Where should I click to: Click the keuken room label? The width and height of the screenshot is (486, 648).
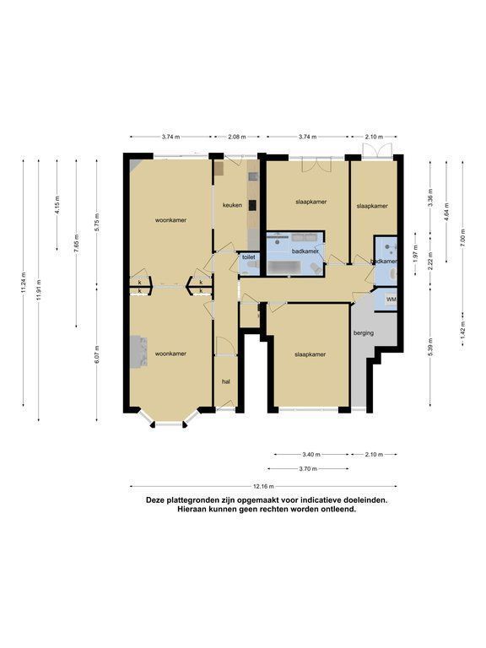(232, 204)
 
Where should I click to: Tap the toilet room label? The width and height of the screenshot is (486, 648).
(249, 257)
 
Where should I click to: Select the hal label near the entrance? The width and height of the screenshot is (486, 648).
(225, 382)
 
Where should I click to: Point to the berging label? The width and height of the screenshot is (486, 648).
(364, 332)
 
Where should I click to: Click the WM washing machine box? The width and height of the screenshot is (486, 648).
(391, 299)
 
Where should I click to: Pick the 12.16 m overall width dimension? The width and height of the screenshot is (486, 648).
(263, 486)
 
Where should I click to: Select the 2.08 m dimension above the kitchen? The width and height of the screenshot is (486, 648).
(236, 137)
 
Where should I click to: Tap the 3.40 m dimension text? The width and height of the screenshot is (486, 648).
(311, 455)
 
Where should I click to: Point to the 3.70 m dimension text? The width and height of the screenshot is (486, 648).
(308, 468)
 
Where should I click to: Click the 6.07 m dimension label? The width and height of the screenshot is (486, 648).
(97, 354)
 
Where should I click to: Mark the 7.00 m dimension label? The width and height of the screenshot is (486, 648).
(462, 238)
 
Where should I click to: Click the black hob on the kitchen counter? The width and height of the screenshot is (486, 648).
(252, 205)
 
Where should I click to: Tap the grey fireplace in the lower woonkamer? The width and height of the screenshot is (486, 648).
(140, 351)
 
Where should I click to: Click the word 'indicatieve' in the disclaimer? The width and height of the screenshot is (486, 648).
(317, 500)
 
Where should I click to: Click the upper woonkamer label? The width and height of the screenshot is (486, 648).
(170, 220)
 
